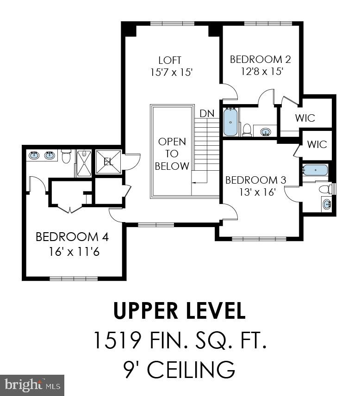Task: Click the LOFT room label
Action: (169, 60)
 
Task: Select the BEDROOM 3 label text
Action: (256, 180)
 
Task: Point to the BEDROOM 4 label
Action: (72, 237)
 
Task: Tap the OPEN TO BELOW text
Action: (172, 154)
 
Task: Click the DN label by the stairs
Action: (206, 113)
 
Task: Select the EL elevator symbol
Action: (108, 162)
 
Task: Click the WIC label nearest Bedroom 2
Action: (305, 118)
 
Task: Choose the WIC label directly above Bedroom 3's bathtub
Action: (317, 144)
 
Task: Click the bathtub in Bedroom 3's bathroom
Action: (315, 170)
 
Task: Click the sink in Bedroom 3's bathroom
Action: (327, 204)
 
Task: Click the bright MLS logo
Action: (32, 385)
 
